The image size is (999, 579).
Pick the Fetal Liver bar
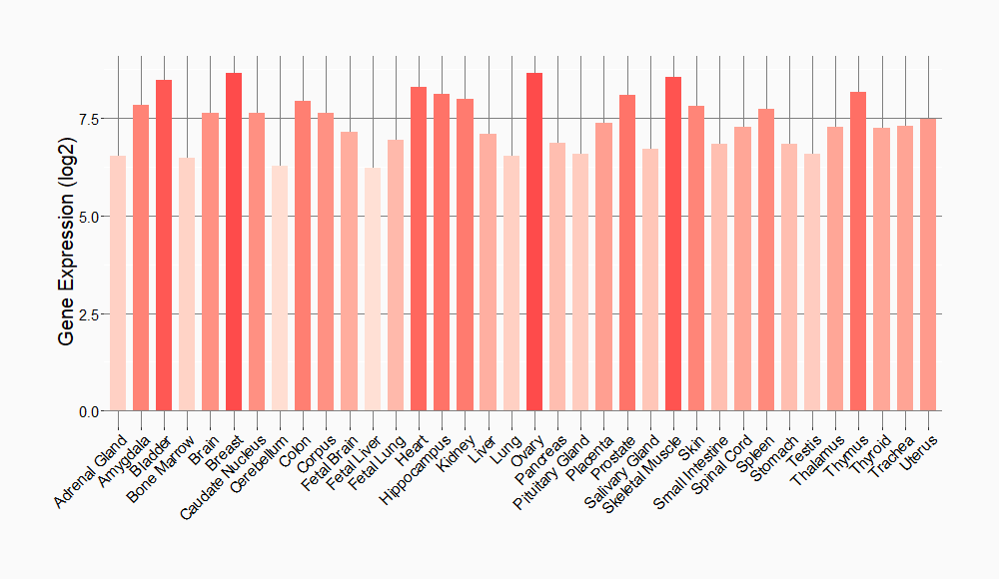point(373,289)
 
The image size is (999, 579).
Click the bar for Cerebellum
point(280,289)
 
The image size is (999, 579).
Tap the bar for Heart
point(419,250)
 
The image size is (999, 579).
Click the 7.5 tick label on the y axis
point(89,119)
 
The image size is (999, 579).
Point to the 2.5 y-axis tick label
point(89,314)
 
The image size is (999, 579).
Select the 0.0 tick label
point(89,411)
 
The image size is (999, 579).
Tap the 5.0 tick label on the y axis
point(89,217)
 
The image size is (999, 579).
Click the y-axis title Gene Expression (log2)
point(66,265)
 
